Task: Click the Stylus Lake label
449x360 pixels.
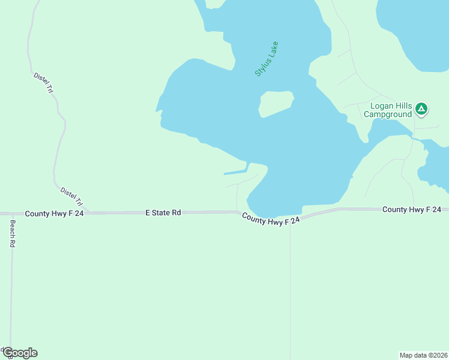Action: coord(267,58)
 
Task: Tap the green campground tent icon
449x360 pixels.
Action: coord(421,109)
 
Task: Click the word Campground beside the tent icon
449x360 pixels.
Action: coord(388,114)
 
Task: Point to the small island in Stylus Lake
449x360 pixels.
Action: coord(276,103)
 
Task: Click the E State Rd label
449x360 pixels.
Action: coord(163,212)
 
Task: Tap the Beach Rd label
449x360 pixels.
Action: coord(11,234)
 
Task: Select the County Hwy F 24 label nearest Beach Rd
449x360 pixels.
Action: coord(54,214)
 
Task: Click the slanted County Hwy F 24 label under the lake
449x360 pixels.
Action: coord(271,220)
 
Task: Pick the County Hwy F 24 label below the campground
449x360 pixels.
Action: coord(412,209)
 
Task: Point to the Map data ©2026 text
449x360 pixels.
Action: coord(424,355)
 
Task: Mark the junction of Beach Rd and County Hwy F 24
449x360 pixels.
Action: coord(12,214)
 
